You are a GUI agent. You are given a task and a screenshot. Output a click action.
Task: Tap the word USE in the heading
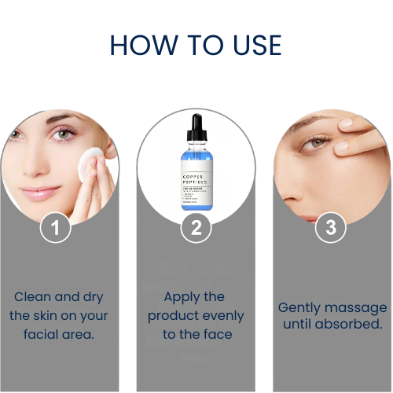click(x=253, y=45)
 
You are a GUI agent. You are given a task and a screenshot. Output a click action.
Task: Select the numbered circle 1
click(x=56, y=228)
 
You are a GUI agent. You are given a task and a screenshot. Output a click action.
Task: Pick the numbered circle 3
click(x=330, y=228)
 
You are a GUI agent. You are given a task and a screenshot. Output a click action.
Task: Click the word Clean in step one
click(x=35, y=297)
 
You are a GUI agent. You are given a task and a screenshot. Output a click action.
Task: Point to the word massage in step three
click(x=358, y=307)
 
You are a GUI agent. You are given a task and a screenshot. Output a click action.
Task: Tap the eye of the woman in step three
click(x=317, y=141)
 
